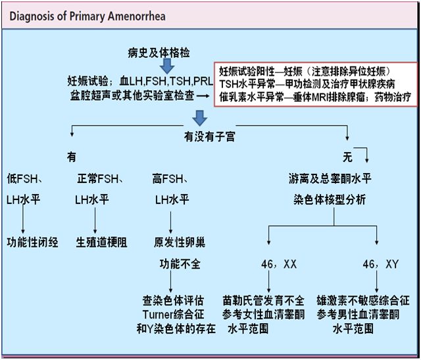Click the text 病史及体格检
coord(159,53)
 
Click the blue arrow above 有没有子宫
coord(199,118)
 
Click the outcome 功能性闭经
coord(32,242)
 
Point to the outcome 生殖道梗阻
coord(101,242)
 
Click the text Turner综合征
coord(179,313)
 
